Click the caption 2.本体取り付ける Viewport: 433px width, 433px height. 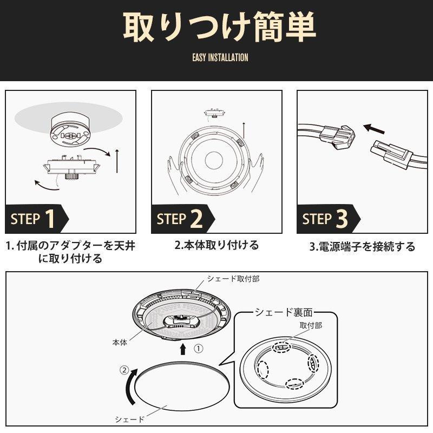tap(216, 245)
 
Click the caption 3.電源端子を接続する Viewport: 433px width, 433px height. tap(362, 247)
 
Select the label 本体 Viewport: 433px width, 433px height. tap(120, 343)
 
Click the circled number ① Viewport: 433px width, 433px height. tap(198, 349)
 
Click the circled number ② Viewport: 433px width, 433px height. tap(124, 371)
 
